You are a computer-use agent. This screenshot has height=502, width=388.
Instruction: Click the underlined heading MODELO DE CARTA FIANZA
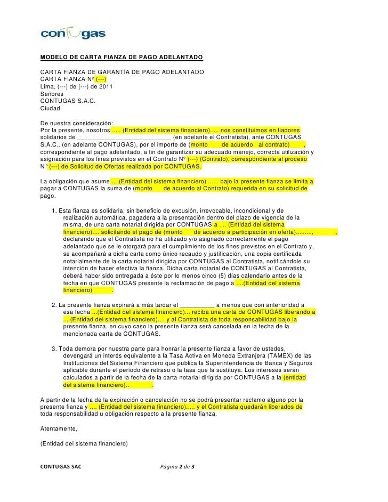(122, 57)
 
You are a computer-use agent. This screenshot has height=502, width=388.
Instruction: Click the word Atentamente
(59, 428)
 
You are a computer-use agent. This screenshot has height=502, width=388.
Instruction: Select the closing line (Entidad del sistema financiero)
(82, 443)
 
